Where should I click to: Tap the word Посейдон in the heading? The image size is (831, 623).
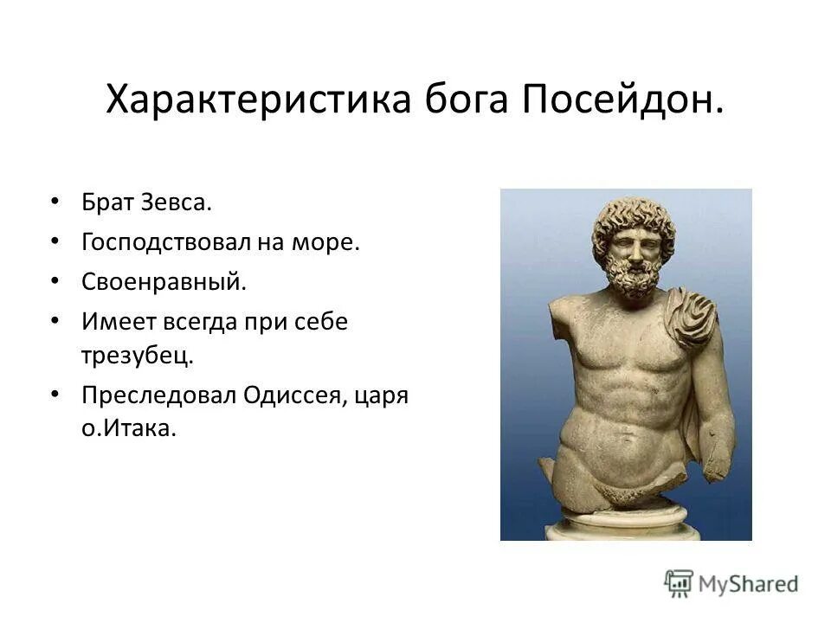622,101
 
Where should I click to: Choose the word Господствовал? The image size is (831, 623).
164,243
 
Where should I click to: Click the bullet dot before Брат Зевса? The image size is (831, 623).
55,202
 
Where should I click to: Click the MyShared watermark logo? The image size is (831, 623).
731,582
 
